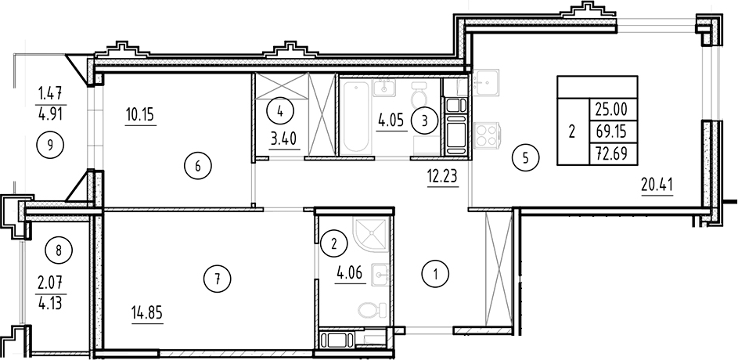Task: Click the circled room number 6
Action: [198, 165]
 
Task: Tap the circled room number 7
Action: [218, 275]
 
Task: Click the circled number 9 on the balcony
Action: [50, 144]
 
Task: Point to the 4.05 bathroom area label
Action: [391, 124]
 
